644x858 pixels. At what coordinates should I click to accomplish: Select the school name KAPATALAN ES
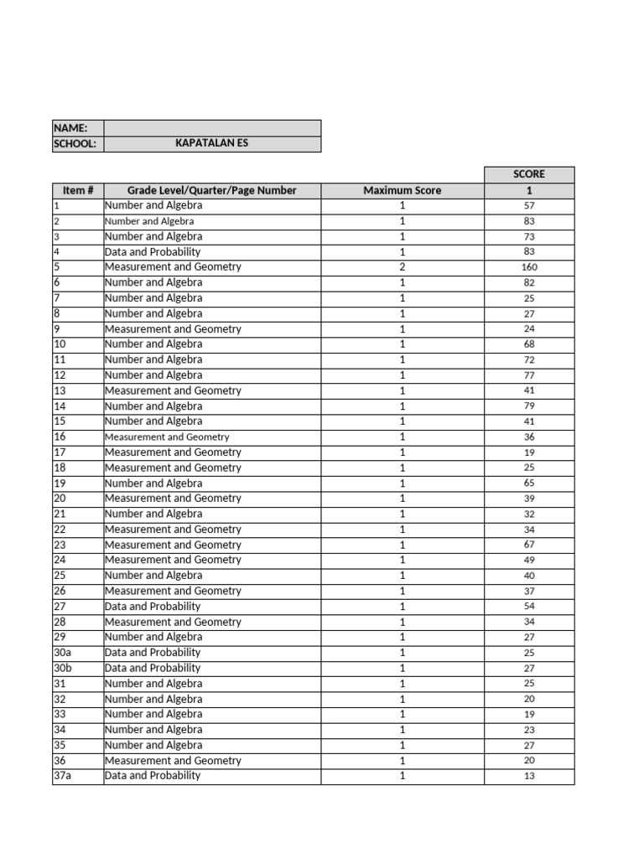[211, 143]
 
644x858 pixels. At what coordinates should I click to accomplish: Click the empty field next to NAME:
[211, 128]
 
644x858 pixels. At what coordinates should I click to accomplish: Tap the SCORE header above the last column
[528, 174]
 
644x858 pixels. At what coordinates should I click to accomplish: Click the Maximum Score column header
[402, 190]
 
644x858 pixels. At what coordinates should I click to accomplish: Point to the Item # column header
[77, 190]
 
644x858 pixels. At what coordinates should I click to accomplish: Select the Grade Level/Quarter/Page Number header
[211, 190]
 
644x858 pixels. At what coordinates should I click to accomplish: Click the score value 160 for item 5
[528, 267]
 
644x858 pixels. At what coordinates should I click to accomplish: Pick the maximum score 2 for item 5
[402, 267]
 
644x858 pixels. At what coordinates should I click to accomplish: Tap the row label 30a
[62, 653]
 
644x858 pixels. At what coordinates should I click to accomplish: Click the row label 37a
[62, 776]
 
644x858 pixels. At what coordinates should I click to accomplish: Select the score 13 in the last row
[528, 776]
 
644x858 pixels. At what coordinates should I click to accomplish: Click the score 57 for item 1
[528, 205]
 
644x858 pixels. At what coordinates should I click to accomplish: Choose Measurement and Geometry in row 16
[166, 437]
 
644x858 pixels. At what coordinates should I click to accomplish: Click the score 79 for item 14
[528, 406]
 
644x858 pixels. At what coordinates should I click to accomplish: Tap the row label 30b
[62, 668]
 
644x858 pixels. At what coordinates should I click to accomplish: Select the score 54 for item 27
[528, 607]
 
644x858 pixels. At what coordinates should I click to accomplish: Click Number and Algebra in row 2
[149, 221]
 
